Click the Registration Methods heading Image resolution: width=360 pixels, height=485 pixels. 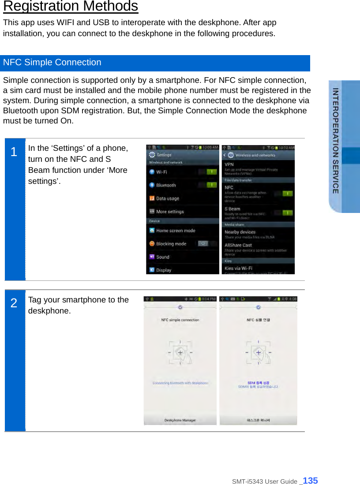coord(71,7)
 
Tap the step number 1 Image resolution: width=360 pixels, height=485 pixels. coord(14,152)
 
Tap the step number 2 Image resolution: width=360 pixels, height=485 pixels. coord(14,303)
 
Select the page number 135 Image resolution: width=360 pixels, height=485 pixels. coord(311,481)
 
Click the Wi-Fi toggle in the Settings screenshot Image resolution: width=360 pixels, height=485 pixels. coord(211,172)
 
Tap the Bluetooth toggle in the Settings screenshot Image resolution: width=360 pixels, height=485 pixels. coord(211,185)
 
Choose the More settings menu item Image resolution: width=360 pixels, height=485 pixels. coord(170,212)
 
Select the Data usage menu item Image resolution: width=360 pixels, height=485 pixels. coord(168,198)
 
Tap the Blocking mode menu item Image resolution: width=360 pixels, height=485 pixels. coord(171,244)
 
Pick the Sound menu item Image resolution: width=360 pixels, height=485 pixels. coord(163,257)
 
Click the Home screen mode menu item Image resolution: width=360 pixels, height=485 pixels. coord(176,231)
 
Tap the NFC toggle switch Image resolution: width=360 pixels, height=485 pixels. coord(287,193)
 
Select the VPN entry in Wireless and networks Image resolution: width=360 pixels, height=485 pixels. coord(229,164)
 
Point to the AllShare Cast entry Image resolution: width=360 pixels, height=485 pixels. coord(238,245)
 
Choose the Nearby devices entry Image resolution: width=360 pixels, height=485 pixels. coord(240,232)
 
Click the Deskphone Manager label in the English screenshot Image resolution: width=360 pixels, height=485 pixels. coord(180,420)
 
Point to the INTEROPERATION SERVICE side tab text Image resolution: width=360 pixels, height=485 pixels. coord(336,141)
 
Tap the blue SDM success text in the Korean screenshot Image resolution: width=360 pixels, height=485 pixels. coord(259,383)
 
